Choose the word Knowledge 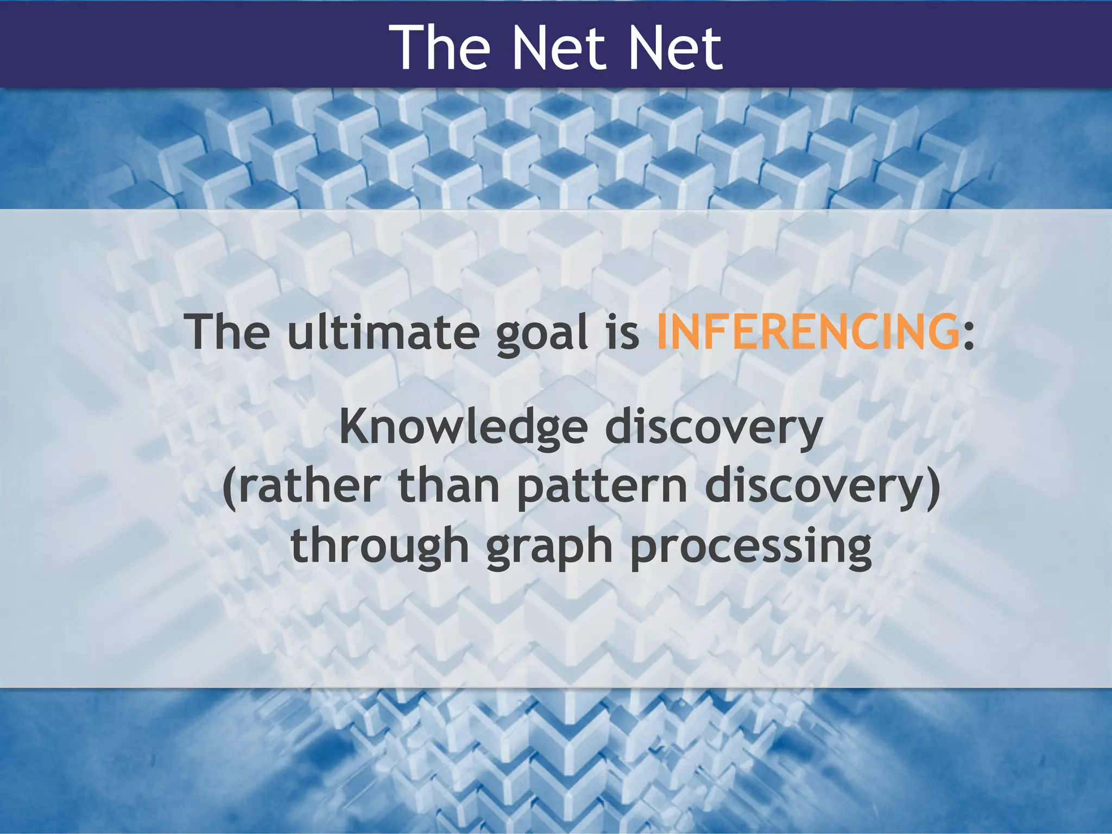pyautogui.click(x=463, y=428)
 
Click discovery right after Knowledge pyautogui.click(x=713, y=428)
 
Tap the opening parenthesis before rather pyautogui.click(x=230, y=487)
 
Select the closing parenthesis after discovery pyautogui.click(x=933, y=487)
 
